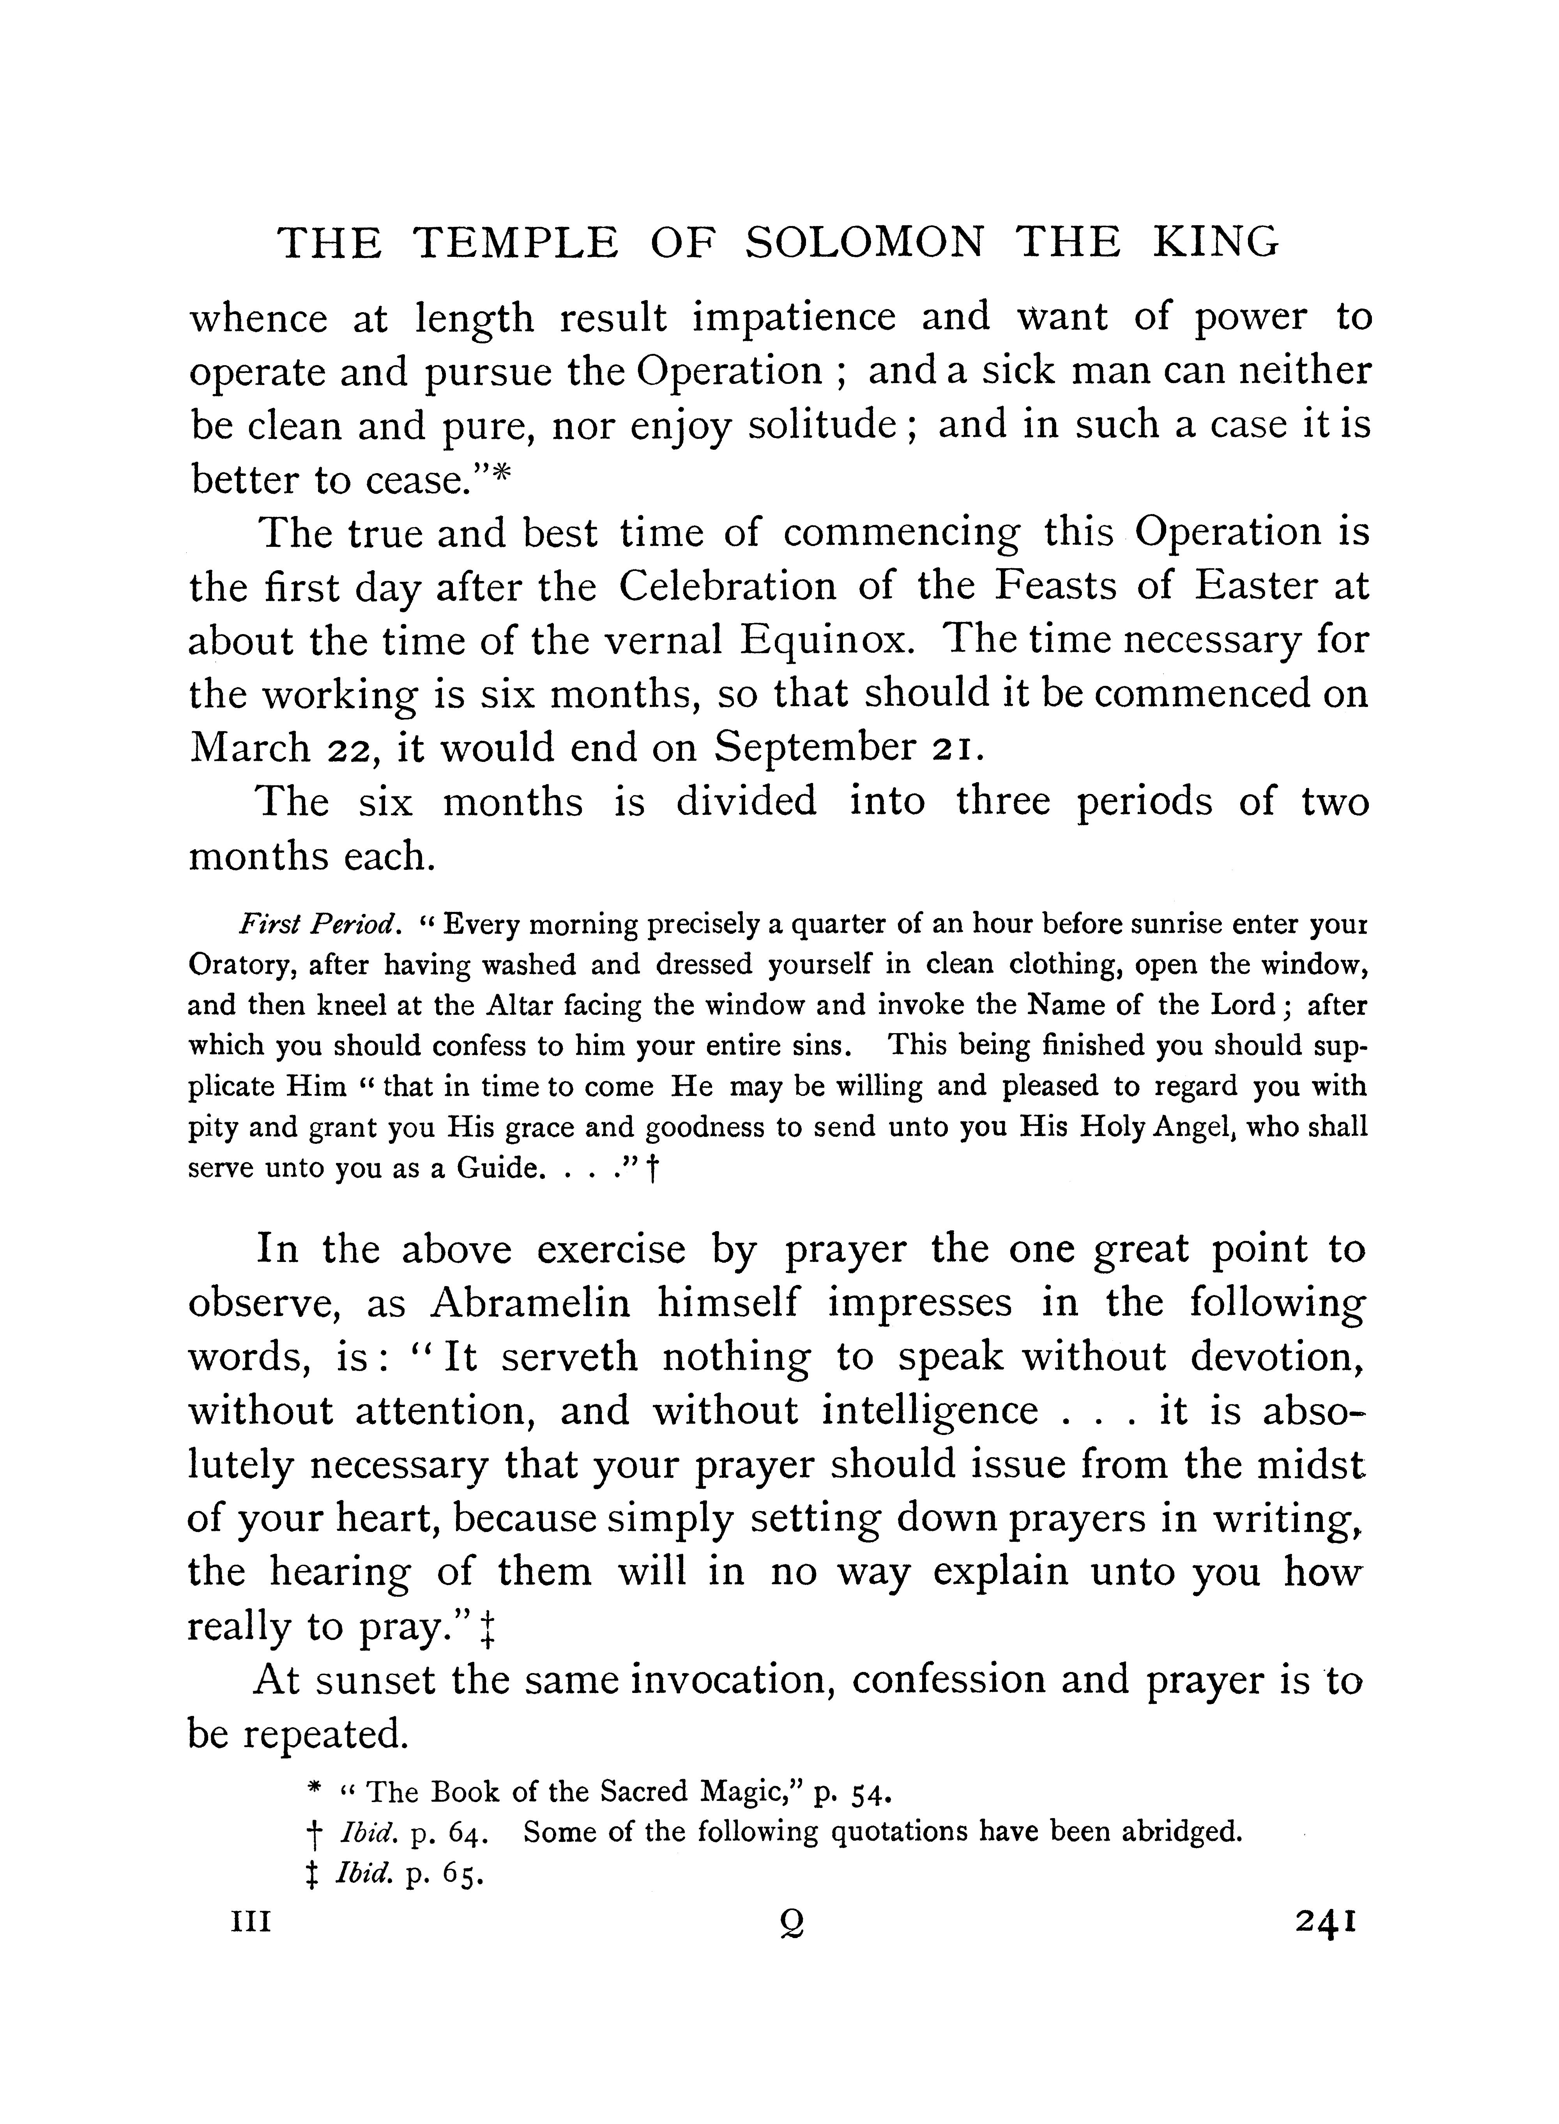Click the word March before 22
tap(250, 748)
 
